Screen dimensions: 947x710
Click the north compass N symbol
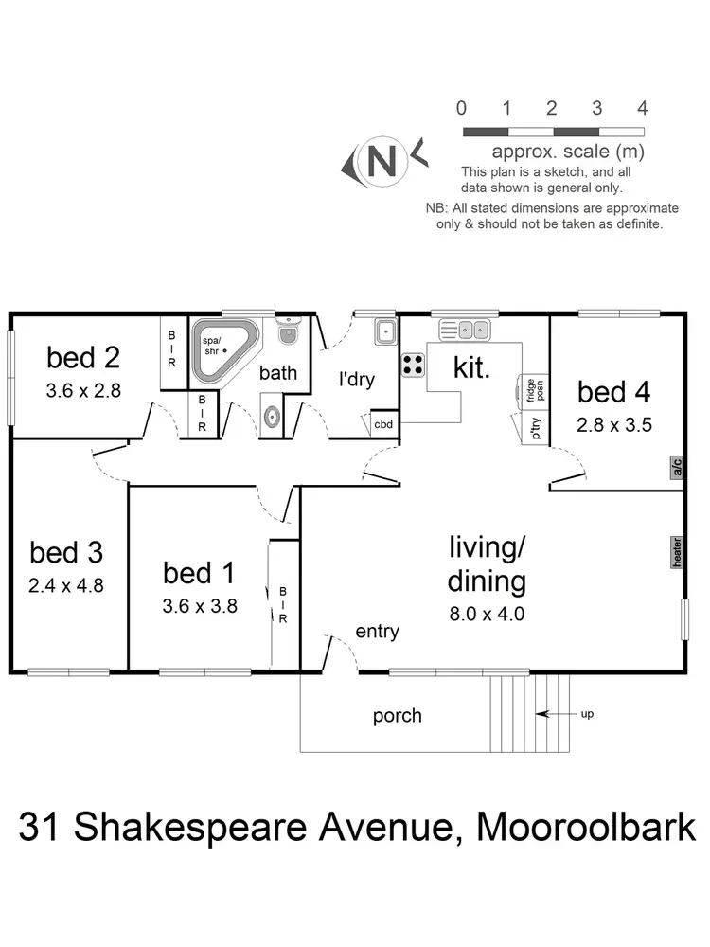[383, 161]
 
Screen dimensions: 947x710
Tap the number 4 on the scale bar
[643, 107]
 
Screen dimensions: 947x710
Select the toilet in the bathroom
[289, 332]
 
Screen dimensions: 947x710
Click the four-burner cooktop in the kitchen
[414, 365]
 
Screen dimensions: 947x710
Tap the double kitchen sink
[464, 330]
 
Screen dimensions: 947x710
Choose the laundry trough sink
[384, 331]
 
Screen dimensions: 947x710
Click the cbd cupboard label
[383, 425]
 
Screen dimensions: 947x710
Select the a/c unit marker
[676, 468]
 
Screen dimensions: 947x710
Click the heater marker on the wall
[676, 552]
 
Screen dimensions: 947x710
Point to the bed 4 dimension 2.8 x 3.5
[614, 424]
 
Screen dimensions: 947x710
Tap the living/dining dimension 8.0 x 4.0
[487, 613]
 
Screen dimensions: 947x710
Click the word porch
[397, 715]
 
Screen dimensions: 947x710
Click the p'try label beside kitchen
[536, 429]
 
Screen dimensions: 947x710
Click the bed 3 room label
[66, 552]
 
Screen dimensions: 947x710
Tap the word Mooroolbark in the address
[586, 827]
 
